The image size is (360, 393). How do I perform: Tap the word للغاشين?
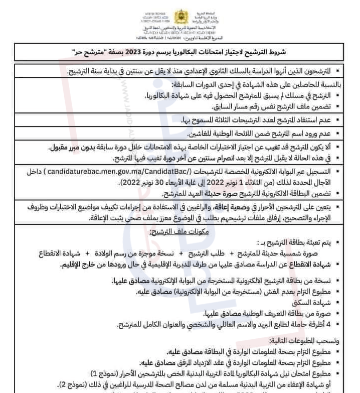pos(200,134)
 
